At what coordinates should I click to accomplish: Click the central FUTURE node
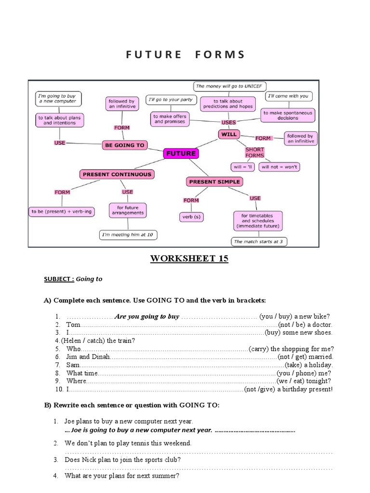coord(181,154)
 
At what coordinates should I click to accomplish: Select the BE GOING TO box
coord(124,145)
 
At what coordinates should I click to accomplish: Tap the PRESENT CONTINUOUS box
coord(117,174)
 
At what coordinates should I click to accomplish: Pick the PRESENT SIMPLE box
coord(214,182)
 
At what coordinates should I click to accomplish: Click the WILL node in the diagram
coord(229,134)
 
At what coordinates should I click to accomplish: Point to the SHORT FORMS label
coord(255,152)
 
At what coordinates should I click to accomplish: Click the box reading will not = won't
coord(279,167)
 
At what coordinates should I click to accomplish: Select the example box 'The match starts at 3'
coord(258,241)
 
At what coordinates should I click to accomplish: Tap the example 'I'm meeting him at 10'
coord(128,235)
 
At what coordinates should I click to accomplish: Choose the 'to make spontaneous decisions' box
coord(288,116)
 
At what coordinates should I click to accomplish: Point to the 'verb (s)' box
coord(191,217)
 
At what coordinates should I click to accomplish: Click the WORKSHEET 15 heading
coord(189,259)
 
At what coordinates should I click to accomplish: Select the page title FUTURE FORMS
coord(185,54)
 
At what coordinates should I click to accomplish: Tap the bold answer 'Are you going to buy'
coord(146,316)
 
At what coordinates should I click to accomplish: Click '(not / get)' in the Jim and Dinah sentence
coord(293,357)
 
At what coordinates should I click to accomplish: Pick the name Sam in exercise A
coord(73,365)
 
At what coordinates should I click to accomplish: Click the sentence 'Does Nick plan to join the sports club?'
coord(123,460)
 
